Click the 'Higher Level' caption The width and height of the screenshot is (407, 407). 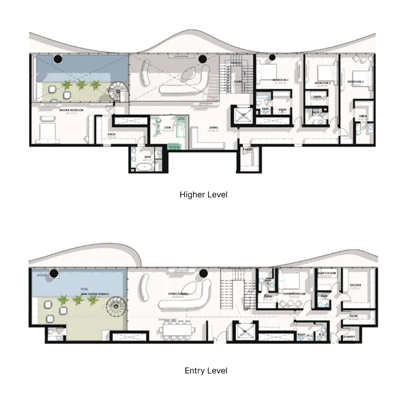pyautogui.click(x=203, y=194)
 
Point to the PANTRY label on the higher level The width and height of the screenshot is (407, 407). pyautogui.click(x=248, y=150)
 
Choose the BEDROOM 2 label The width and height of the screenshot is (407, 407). pyautogui.click(x=323, y=82)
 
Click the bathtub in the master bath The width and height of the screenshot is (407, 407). pyautogui.click(x=140, y=166)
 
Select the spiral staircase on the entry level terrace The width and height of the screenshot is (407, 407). pyautogui.click(x=114, y=307)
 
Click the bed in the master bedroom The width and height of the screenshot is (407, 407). pyautogui.click(x=46, y=131)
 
